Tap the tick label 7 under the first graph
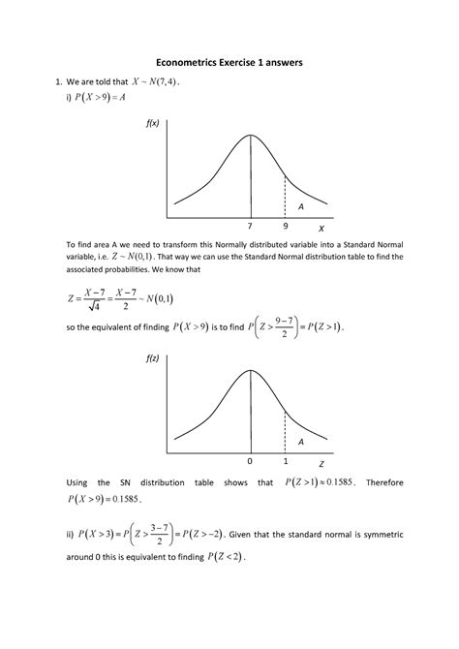click(x=250, y=227)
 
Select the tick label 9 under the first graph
click(x=285, y=227)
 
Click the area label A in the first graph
click(x=301, y=206)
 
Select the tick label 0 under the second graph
click(x=250, y=460)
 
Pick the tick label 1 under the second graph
click(x=286, y=460)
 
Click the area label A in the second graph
click(x=301, y=441)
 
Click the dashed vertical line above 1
click(x=285, y=431)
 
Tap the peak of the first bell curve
click(x=250, y=136)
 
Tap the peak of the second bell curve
click(x=250, y=370)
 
